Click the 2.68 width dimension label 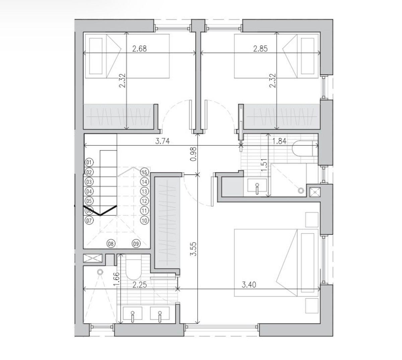point(139,49)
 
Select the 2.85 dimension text point(260,49)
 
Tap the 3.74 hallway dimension point(162,141)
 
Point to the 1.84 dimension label point(279,141)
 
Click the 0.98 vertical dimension point(194,154)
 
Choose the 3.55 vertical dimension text point(194,249)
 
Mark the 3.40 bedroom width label point(249,285)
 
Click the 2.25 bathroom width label point(139,285)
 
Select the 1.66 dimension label point(117,279)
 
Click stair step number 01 point(89,163)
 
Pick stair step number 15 point(144,172)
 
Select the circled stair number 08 point(111,243)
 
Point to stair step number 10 point(144,220)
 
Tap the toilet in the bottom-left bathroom point(133,266)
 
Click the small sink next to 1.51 point(257,185)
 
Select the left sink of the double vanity point(133,313)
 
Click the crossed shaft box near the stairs point(93,258)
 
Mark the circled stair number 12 point(144,201)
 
